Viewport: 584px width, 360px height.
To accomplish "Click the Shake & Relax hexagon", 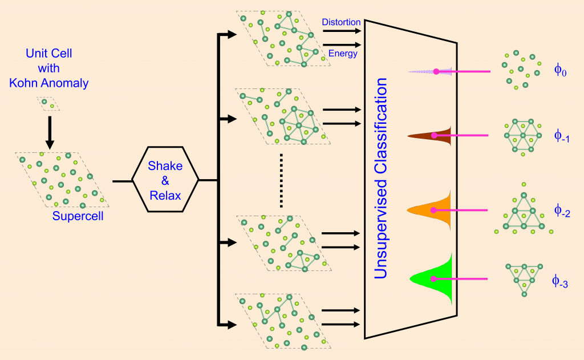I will [x=165, y=181].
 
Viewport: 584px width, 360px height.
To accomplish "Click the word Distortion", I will [x=341, y=22].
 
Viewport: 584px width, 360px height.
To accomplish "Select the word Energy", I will [x=343, y=54].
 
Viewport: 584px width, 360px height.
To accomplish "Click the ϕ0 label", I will [x=560, y=70].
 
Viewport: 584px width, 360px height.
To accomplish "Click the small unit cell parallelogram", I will [x=47, y=103].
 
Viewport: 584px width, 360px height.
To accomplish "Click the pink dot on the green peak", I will [x=434, y=279].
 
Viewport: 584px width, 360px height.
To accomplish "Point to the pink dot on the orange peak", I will [x=433, y=210].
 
